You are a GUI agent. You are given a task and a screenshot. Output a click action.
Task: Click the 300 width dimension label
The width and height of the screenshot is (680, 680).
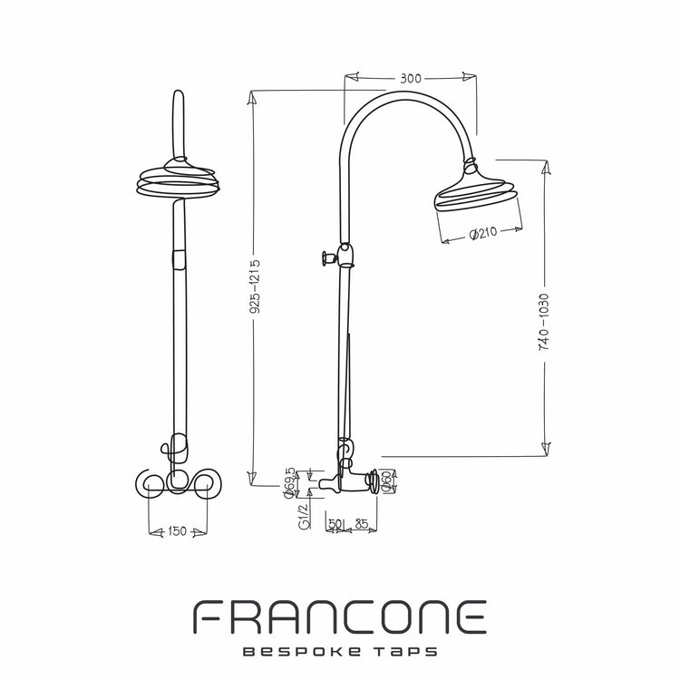pos(410,79)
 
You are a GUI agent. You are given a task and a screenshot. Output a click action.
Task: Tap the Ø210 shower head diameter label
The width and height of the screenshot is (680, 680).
pos(483,233)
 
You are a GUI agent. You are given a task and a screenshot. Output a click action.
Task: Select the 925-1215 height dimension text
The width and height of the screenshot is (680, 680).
pos(256,287)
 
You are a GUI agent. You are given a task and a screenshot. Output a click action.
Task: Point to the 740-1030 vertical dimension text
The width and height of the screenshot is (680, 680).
pos(544,322)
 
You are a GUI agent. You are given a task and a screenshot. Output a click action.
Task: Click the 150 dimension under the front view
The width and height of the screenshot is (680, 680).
pos(177,531)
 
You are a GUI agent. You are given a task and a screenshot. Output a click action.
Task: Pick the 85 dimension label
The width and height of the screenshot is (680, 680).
pos(361,524)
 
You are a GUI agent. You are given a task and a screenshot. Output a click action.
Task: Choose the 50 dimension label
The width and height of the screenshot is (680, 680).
pos(335,524)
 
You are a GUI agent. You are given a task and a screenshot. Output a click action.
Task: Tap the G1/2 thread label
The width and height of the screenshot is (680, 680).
pos(304,516)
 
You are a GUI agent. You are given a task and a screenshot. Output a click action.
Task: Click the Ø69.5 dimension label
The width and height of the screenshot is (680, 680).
pos(289,483)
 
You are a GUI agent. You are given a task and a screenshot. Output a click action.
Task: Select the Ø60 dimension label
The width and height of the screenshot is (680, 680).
pos(385,481)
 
